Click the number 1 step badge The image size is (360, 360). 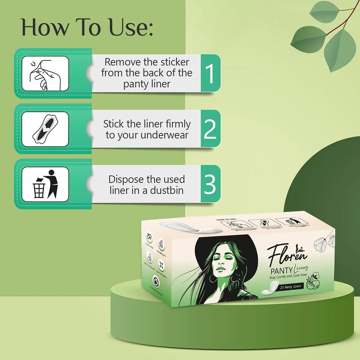(x=210, y=73)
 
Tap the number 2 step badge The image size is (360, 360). (x=210, y=129)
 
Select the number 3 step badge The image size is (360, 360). (x=210, y=184)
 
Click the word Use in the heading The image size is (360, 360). (x=130, y=28)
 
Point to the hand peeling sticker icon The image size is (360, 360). (x=45, y=73)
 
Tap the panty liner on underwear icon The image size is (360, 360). (x=45, y=129)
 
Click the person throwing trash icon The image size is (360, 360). (x=45, y=184)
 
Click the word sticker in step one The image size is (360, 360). (x=175, y=62)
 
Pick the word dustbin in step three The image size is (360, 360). (x=166, y=190)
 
